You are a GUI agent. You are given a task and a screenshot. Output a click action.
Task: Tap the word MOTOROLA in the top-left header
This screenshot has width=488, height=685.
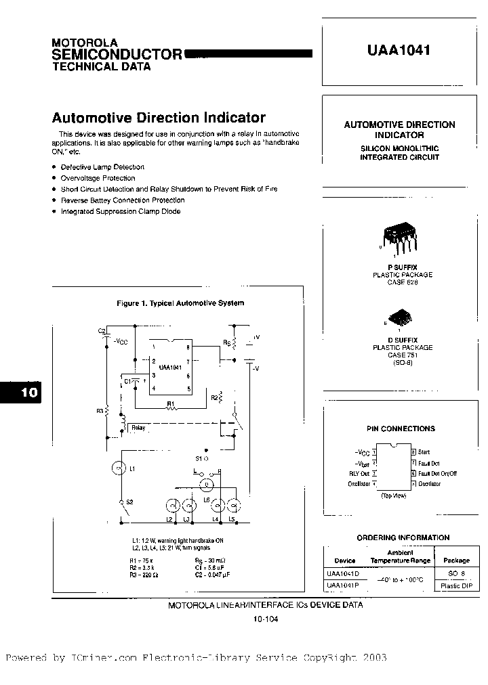(85, 42)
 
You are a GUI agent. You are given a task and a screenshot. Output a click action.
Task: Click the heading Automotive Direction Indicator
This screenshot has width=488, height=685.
(159, 117)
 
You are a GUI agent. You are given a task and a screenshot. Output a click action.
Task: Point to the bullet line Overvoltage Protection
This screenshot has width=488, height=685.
(98, 178)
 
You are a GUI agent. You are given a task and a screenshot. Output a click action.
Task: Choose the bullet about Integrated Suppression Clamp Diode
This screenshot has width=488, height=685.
(121, 211)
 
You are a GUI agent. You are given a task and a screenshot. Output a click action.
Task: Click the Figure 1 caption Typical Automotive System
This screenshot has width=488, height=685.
(180, 303)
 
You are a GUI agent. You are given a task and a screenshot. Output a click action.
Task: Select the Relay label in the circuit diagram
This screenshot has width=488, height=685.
(138, 428)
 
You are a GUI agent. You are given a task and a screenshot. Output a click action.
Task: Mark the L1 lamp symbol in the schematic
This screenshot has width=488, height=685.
(116, 468)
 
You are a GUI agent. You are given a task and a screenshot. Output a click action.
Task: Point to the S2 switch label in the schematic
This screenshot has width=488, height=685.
(130, 502)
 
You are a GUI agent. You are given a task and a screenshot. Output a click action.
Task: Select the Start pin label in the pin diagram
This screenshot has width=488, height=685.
(424, 451)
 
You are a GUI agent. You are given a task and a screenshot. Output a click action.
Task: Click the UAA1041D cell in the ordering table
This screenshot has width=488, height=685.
(344, 573)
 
